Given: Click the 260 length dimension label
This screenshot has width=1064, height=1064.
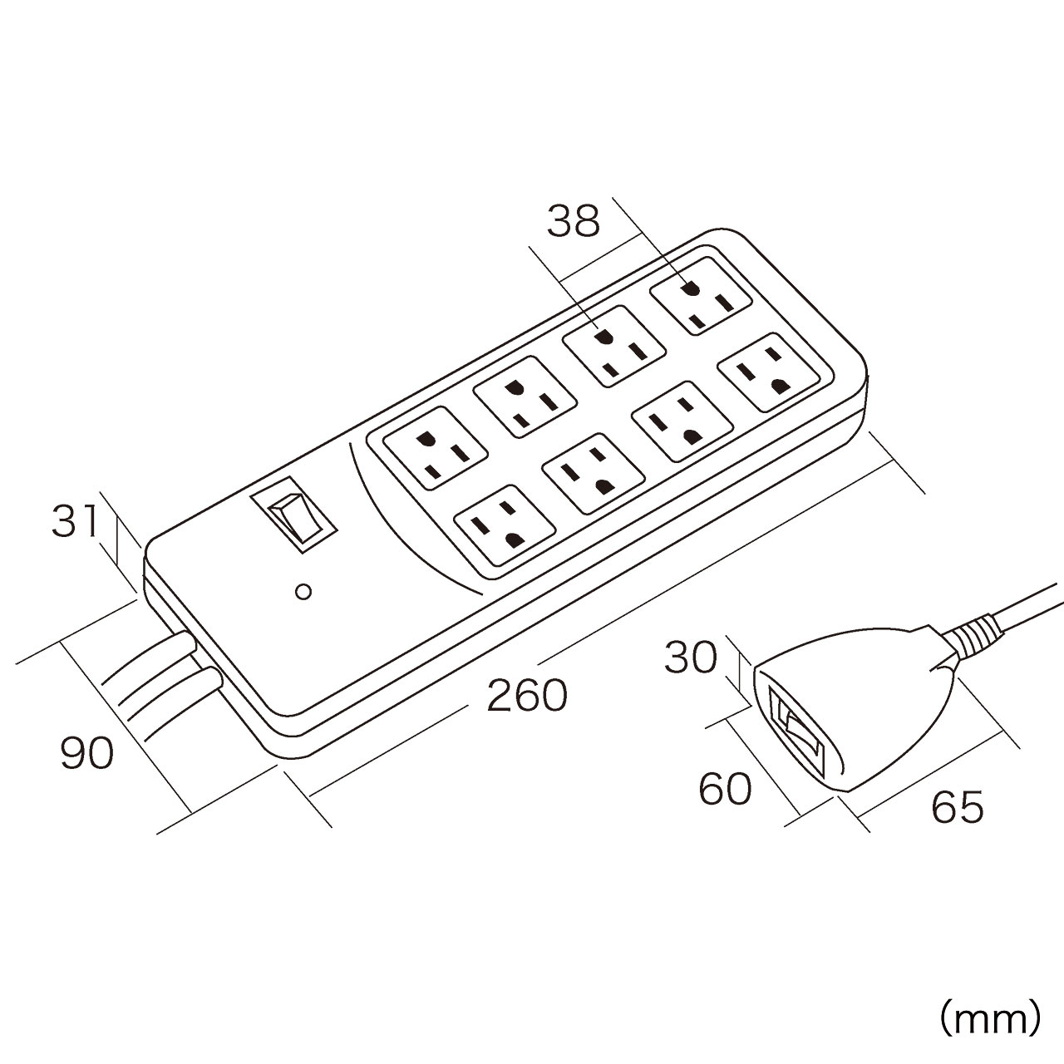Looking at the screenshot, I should (526, 696).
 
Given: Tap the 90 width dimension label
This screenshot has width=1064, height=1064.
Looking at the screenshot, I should (86, 753).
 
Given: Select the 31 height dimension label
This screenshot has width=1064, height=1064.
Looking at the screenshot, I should (76, 522).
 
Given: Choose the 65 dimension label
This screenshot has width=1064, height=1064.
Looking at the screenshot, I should (958, 807).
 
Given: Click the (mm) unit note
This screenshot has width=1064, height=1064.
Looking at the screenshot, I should (989, 1016).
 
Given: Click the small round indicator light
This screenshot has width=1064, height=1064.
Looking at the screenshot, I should (303, 592).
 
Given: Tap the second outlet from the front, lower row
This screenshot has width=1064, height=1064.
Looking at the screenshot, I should (593, 471).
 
